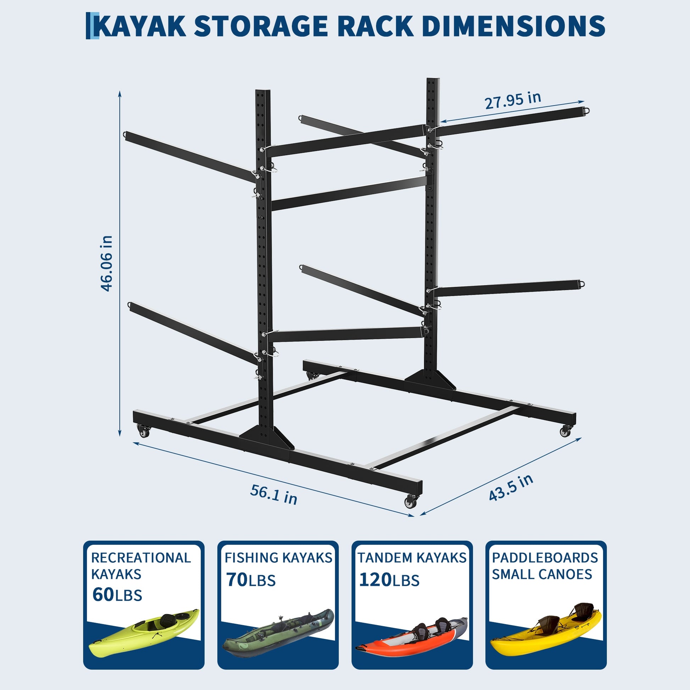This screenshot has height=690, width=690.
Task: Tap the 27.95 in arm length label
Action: point(513,100)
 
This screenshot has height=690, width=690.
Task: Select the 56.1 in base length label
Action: point(274,494)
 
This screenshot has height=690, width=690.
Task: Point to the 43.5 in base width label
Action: point(511,488)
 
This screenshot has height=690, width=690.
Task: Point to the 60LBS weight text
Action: point(117,595)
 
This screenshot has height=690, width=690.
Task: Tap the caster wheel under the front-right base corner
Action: point(411,502)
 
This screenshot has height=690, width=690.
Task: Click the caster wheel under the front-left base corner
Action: point(144,432)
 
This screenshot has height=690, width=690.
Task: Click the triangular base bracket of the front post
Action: point(267,438)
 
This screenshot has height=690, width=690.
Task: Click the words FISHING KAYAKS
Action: point(279,557)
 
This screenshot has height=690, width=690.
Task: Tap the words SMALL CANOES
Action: point(542,574)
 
